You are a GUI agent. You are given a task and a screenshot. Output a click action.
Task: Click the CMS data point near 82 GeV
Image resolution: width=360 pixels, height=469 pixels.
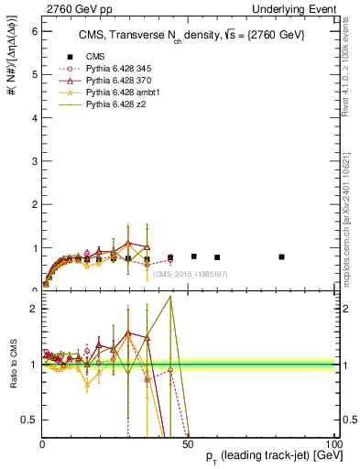[x=281, y=256]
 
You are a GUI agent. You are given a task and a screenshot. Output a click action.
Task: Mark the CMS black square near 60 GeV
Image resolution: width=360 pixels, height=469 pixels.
[x=217, y=257]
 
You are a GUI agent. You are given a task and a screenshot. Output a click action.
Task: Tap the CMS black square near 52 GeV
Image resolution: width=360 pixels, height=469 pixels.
[x=194, y=256]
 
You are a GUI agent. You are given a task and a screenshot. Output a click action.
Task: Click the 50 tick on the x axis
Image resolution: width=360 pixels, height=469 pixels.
[x=189, y=443]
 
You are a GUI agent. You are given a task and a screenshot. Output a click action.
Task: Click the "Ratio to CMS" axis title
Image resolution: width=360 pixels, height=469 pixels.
[x=12, y=365]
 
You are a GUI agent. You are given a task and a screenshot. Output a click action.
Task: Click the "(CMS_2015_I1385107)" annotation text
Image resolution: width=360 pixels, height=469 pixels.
[x=189, y=274]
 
